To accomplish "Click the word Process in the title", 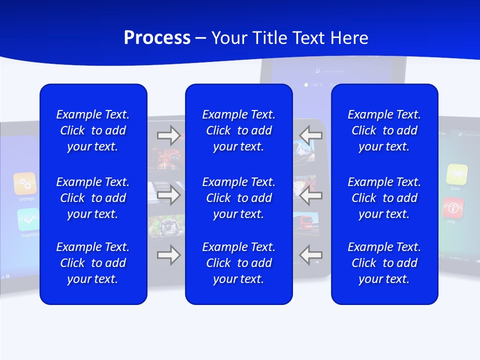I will point(157,38).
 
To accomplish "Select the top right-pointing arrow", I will point(168,135).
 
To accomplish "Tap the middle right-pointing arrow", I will point(168,195).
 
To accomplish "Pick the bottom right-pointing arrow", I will point(168,255).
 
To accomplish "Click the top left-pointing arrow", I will point(310,135).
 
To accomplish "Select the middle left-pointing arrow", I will point(310,195).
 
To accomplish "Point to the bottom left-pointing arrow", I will point(310,255).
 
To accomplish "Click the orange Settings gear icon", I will point(25,183).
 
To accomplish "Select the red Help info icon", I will point(453,207).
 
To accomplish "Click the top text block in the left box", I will point(93,130).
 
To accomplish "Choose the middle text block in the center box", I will point(238,198).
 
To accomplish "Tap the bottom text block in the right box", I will point(384,263).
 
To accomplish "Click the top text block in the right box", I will point(384,130).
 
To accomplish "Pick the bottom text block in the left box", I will point(93,263).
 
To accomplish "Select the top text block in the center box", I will point(238,130).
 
